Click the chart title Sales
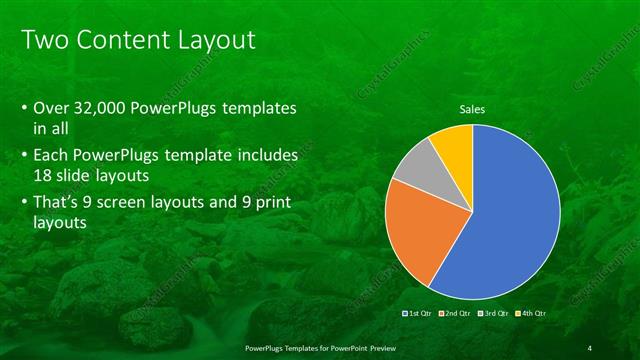pyautogui.click(x=473, y=108)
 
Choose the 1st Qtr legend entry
pyautogui.click(x=416, y=313)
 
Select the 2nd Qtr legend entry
pyautogui.click(x=456, y=313)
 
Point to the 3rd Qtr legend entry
pyautogui.click(x=495, y=313)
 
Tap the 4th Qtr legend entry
pyautogui.click(x=533, y=313)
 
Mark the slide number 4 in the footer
pyautogui.click(x=590, y=347)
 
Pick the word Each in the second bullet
pyautogui.click(x=51, y=156)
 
